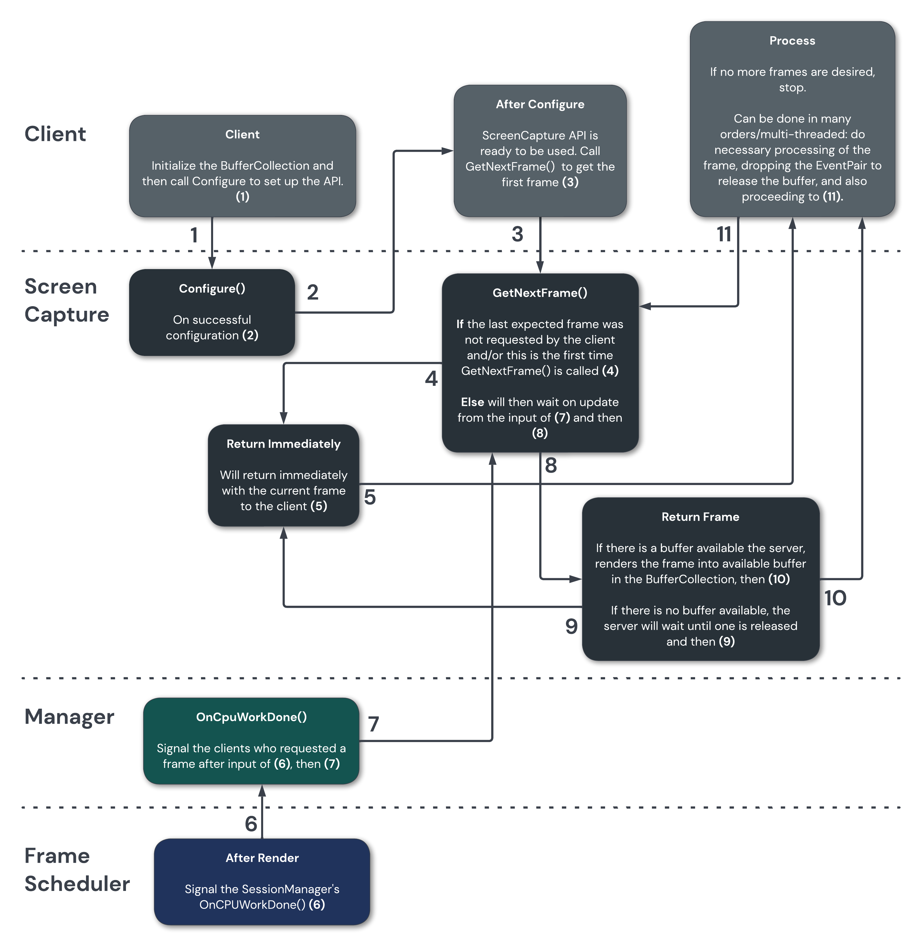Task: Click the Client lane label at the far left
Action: tap(55, 134)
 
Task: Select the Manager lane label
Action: tap(69, 716)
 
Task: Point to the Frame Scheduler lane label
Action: tap(76, 870)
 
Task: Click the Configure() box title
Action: tap(212, 289)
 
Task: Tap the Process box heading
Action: tap(792, 41)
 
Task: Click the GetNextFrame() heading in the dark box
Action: tap(540, 293)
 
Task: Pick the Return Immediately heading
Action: tap(283, 444)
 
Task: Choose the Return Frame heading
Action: tap(700, 517)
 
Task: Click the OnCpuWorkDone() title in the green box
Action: tap(251, 717)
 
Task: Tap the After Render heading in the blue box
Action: tap(262, 858)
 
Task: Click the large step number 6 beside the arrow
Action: tap(251, 824)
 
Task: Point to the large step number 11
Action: tap(724, 234)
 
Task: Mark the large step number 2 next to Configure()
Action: tap(313, 292)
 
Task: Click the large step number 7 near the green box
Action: tap(373, 724)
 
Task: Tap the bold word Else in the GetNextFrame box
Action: tap(472, 402)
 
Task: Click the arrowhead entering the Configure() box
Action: tap(212, 264)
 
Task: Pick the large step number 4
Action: tap(431, 379)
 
